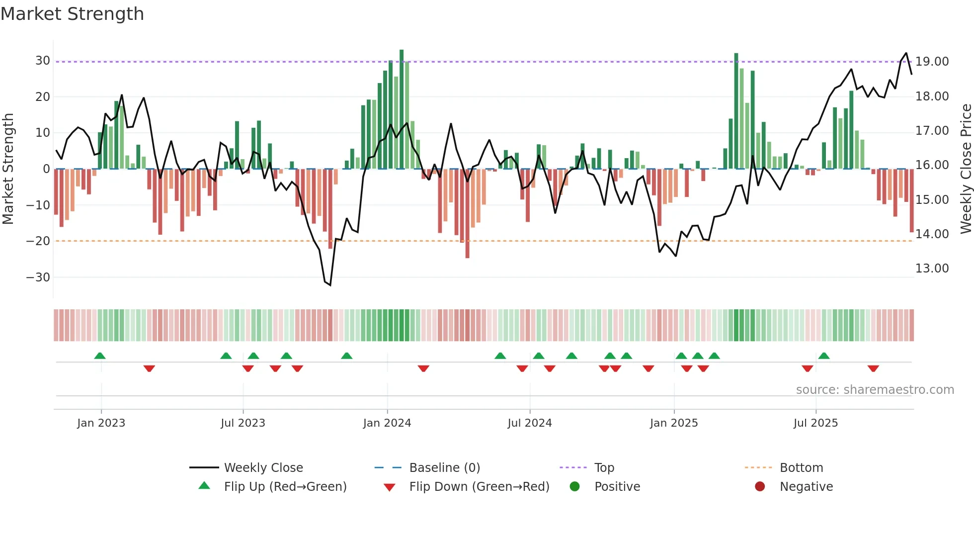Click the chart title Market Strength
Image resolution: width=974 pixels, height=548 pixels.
point(72,14)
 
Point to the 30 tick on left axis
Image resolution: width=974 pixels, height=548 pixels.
point(42,61)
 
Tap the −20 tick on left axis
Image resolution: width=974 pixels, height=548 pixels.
point(38,241)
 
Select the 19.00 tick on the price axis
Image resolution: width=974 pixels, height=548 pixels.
point(932,62)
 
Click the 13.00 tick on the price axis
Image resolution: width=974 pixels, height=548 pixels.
point(932,269)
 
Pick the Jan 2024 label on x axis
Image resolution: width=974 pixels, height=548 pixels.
point(387,423)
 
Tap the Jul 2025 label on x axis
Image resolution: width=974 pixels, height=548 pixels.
point(815,423)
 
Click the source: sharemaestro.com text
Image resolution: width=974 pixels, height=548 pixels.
point(875,390)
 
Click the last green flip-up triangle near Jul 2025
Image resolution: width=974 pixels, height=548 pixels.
point(823,356)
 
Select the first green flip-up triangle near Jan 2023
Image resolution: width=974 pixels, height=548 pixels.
point(100,356)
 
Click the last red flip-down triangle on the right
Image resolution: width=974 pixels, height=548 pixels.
point(873,368)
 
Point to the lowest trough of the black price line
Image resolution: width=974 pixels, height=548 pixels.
point(330,285)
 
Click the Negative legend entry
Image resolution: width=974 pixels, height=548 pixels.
point(806,487)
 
